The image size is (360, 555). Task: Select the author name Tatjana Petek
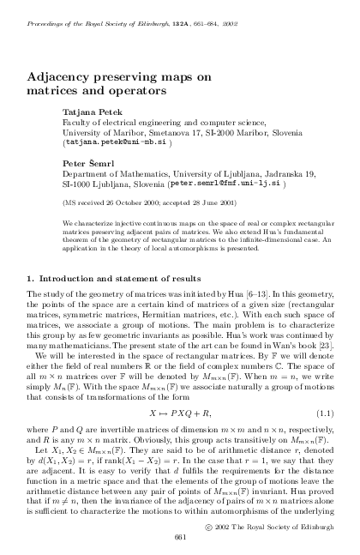92,112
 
